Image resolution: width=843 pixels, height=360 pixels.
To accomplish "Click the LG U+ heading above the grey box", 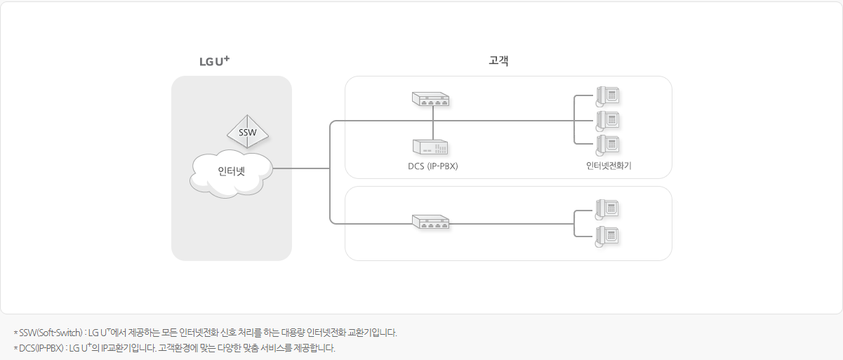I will point(214,62).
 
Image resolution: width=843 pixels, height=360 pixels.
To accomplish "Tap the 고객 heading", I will point(498,61).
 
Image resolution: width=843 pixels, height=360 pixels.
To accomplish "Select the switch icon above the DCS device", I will point(430,100).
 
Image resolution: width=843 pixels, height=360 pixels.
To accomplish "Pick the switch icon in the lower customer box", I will point(430,222).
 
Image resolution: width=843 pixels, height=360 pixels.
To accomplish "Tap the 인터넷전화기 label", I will point(609,166).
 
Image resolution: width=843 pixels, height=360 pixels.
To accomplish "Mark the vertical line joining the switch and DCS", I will point(433,124).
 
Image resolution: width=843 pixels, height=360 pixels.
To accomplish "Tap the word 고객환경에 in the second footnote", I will point(177,348).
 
